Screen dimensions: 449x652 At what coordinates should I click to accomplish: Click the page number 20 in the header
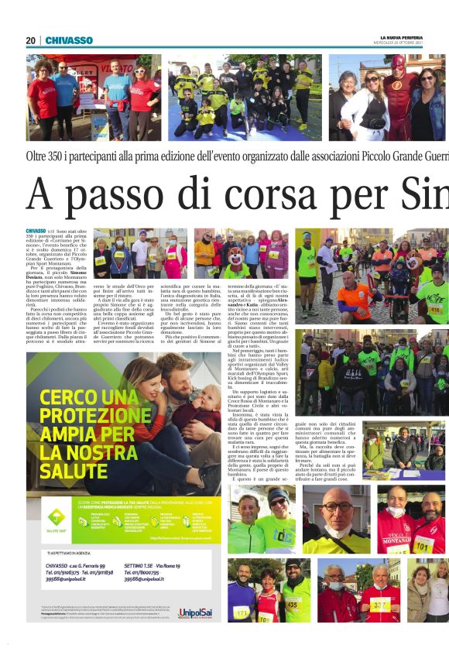30,40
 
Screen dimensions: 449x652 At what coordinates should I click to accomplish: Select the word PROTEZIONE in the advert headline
87,417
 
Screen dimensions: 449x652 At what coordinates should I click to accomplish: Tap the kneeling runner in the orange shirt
351,296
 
